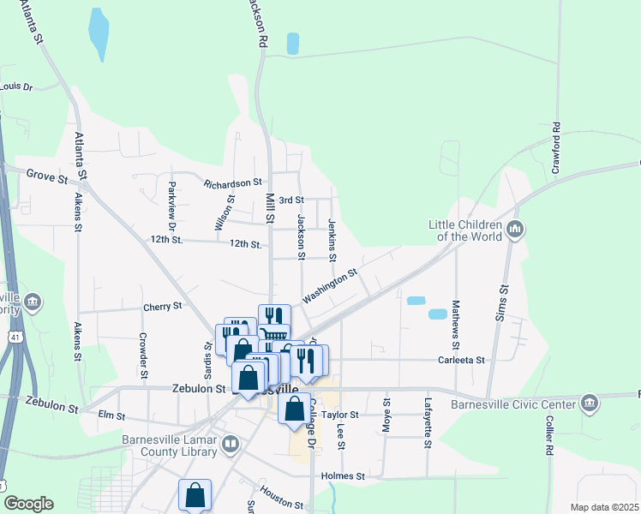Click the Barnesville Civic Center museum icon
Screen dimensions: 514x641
[589, 403]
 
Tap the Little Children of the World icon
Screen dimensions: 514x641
[515, 230]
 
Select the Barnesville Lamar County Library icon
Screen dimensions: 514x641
[230, 445]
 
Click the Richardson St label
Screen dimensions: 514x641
[232, 183]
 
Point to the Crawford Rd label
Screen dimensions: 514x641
[556, 148]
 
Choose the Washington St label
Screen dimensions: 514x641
[330, 287]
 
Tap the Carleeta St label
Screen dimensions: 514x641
[462, 361]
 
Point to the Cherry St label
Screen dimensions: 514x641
[163, 306]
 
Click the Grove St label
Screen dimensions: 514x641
[46, 178]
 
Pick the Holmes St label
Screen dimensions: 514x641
[343, 475]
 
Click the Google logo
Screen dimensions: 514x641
[28, 504]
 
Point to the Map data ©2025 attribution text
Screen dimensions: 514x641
[603, 507]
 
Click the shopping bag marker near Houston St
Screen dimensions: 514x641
[195, 495]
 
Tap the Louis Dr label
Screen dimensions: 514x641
[16, 87]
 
